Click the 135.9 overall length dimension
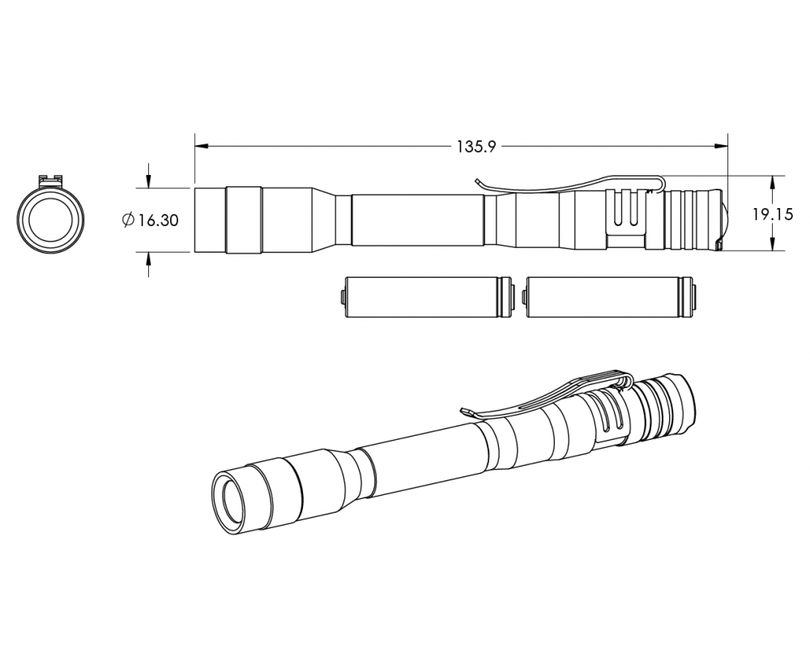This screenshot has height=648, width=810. click(x=475, y=147)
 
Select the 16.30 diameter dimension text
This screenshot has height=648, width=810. click(x=159, y=220)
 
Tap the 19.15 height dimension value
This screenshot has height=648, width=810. click(x=772, y=214)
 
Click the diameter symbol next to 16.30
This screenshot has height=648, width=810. click(x=128, y=220)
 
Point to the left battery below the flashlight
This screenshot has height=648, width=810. click(x=427, y=296)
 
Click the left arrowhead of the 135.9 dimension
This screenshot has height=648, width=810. click(x=202, y=147)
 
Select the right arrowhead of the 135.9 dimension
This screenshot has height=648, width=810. click(x=721, y=147)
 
